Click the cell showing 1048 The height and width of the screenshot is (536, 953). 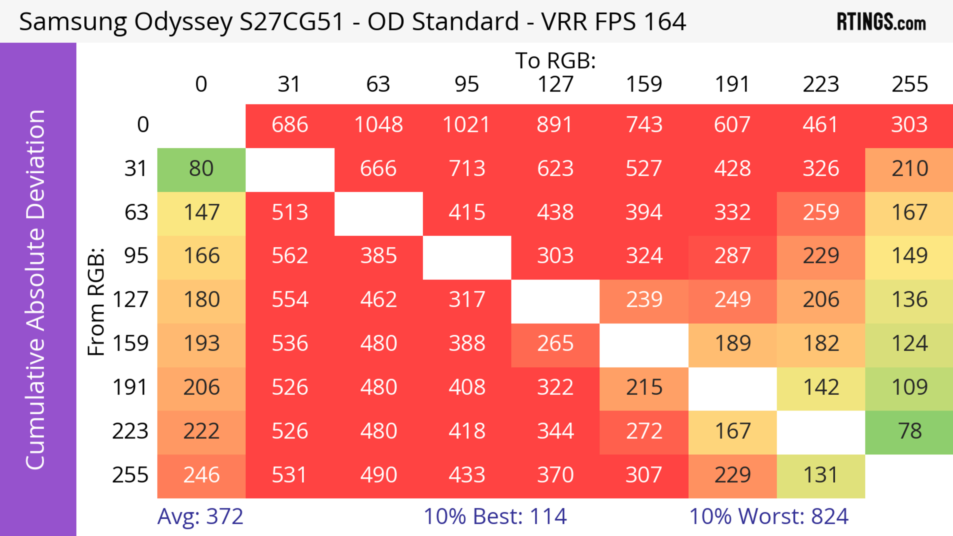click(x=378, y=125)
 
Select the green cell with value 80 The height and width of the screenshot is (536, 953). click(x=201, y=169)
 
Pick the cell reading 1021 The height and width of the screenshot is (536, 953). click(x=467, y=125)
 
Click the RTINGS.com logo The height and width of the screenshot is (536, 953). click(x=881, y=22)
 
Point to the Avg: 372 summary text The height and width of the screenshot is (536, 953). click(x=200, y=516)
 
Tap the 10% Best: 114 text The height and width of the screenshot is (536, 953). click(x=495, y=516)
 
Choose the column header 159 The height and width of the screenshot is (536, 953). click(x=644, y=84)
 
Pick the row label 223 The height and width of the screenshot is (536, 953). click(x=130, y=431)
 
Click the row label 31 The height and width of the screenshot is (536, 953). click(x=136, y=169)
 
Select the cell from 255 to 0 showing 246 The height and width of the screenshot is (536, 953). click(x=201, y=475)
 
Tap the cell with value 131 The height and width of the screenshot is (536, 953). click(x=820, y=475)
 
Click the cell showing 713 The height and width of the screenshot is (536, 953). click(x=467, y=169)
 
